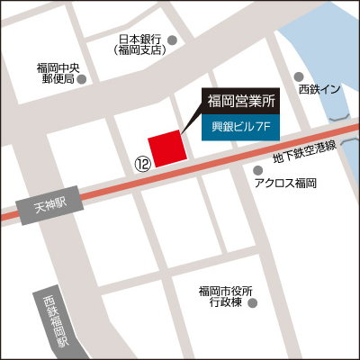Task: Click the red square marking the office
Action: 166,148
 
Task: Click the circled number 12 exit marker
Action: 141,164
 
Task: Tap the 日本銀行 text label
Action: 139,40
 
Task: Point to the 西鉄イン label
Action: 320,89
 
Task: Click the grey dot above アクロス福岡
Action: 259,169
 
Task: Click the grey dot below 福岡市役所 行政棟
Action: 253,304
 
